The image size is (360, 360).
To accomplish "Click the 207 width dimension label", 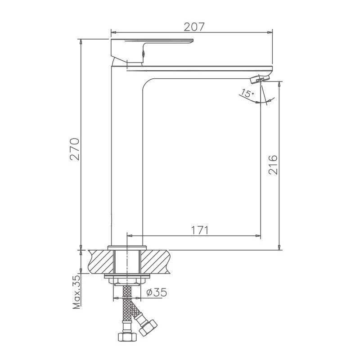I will [x=194, y=27].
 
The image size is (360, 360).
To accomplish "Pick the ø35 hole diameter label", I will [x=157, y=292].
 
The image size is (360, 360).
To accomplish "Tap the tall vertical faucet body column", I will [x=126, y=157].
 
